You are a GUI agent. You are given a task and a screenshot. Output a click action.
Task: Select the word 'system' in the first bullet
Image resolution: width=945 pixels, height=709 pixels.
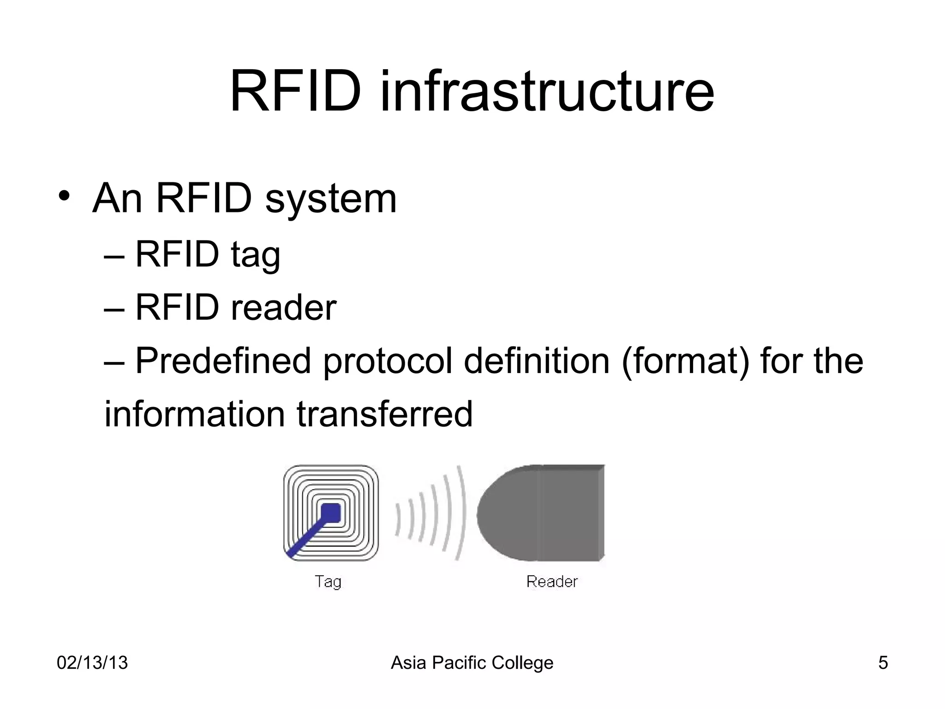331,199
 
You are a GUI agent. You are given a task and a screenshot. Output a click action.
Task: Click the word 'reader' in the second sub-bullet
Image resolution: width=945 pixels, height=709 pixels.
283,308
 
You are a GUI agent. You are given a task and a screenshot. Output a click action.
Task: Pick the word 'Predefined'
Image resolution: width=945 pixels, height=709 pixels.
223,361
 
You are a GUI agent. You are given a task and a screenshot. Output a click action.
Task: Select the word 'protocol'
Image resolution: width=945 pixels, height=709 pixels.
387,361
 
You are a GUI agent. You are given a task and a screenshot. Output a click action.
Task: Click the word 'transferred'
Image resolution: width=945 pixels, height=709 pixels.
384,414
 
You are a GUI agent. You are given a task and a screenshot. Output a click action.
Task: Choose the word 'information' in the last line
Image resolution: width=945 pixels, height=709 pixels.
194,414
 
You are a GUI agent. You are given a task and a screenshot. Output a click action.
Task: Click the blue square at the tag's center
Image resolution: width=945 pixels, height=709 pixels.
331,513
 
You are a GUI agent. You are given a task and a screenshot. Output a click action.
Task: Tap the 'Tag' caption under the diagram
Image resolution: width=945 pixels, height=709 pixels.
328,582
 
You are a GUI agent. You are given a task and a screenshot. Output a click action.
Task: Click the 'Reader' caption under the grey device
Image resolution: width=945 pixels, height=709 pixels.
552,582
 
